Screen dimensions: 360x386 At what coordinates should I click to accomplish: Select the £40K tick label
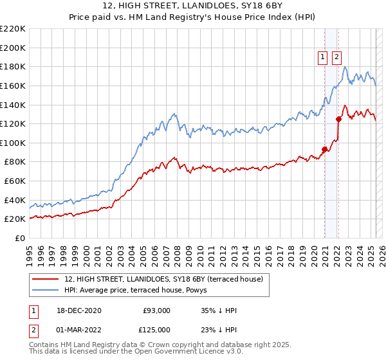15,200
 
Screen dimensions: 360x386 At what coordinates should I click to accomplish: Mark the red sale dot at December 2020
325,150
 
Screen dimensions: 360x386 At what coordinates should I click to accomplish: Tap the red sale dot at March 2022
338,119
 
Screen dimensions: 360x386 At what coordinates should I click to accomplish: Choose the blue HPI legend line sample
46,290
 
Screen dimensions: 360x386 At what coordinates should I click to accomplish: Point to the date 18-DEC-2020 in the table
80,310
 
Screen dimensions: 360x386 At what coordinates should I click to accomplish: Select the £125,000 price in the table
156,330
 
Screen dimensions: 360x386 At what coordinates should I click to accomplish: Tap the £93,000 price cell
156,310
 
